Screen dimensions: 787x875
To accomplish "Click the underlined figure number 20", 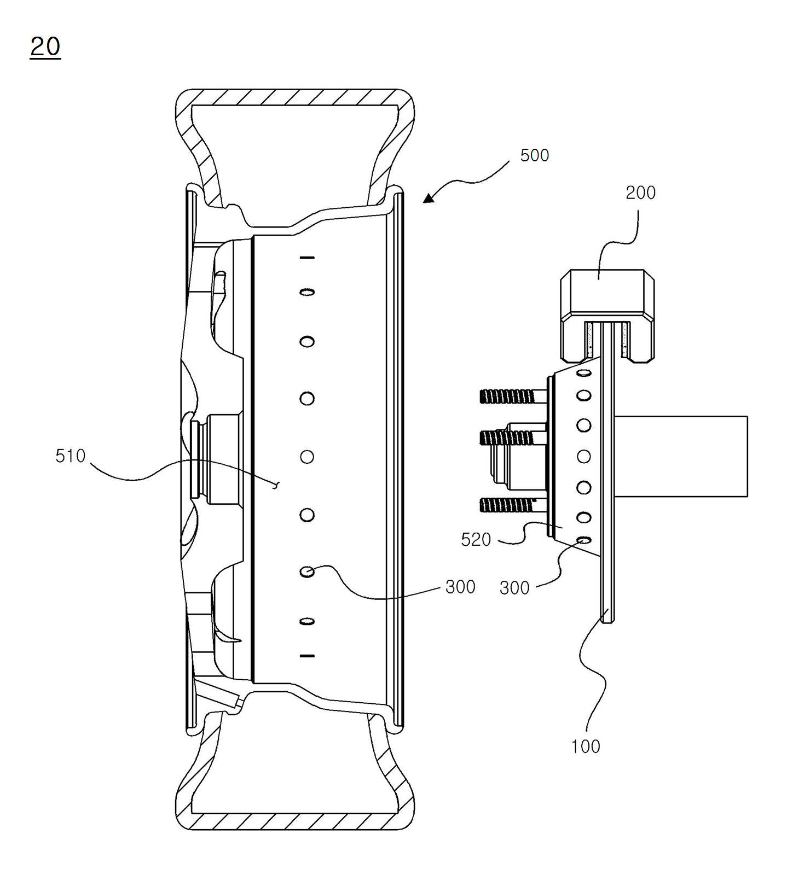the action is pos(45,47).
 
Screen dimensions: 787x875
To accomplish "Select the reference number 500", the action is pos(534,155).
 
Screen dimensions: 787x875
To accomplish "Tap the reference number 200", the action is pos(640,192).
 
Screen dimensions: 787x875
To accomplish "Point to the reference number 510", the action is pos(71,456).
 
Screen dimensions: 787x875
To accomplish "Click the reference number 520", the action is pos(476,540).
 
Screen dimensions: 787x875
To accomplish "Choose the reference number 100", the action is pos(586,746).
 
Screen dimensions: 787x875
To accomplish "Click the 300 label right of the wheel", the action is pos(460,587).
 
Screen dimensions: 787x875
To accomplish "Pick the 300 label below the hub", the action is pos(514,588).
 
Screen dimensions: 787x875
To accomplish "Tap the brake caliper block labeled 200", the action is pos(607,316).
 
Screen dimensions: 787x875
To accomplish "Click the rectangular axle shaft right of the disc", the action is pos(681,456).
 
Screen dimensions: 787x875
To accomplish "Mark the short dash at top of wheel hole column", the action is pos(307,257).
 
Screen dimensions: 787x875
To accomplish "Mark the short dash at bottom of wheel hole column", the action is pos(307,655).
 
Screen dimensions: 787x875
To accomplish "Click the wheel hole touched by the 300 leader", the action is pos(307,571).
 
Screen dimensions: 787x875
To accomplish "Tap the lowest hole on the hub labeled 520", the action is pos(584,540).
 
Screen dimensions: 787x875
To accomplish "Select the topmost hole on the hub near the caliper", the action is pos(584,372).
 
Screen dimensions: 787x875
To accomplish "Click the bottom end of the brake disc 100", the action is pos(607,622).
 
